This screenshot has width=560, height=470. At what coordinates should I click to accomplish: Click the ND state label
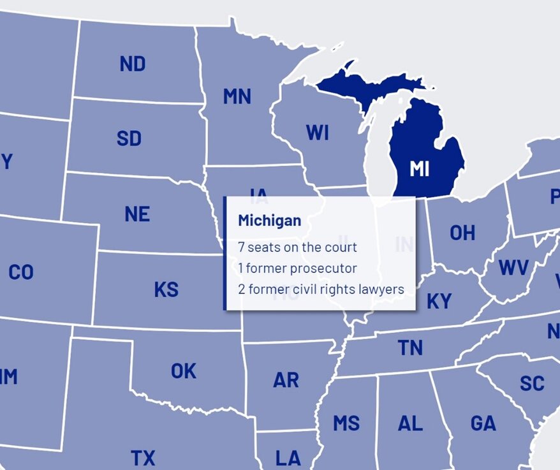tap(132, 64)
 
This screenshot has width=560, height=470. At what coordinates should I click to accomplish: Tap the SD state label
tap(129, 138)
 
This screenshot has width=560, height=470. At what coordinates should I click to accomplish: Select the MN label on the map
tap(237, 96)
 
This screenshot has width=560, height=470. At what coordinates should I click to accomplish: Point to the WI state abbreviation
tap(317, 133)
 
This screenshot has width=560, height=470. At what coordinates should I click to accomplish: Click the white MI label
tap(419, 169)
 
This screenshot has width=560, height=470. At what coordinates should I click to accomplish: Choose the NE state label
tap(137, 214)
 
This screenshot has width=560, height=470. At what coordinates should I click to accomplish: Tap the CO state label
tap(21, 273)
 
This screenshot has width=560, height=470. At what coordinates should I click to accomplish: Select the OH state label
tap(462, 233)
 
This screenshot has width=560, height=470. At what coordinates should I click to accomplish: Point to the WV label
tap(514, 267)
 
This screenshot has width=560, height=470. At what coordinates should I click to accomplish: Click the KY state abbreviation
tap(439, 301)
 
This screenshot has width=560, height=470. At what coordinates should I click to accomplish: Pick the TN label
tap(410, 348)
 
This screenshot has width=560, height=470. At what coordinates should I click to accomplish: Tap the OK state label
tap(184, 371)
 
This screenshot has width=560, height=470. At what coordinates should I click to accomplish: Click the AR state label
tap(286, 380)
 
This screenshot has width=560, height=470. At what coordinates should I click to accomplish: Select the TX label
tap(143, 457)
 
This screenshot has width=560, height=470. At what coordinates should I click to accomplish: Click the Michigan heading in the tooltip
tap(269, 221)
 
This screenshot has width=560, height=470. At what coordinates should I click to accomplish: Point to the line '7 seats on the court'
tap(297, 247)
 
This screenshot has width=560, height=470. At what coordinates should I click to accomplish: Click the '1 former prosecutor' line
tap(297, 268)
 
